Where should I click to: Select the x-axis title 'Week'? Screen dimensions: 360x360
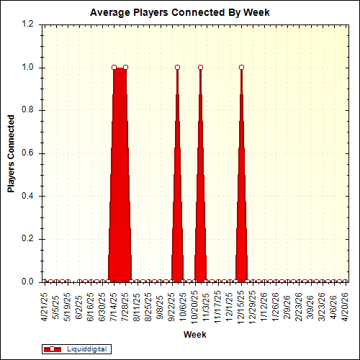(x=194, y=335)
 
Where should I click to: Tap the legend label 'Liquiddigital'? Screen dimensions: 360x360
(x=87, y=348)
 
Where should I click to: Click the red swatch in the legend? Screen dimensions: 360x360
(x=53, y=348)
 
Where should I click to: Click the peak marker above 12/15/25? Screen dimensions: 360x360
(x=241, y=68)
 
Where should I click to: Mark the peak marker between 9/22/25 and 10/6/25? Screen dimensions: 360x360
(x=177, y=68)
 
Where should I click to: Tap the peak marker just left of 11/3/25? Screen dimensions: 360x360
(x=200, y=68)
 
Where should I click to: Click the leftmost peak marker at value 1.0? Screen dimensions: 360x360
(x=114, y=68)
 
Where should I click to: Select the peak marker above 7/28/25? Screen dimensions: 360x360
(x=125, y=68)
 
